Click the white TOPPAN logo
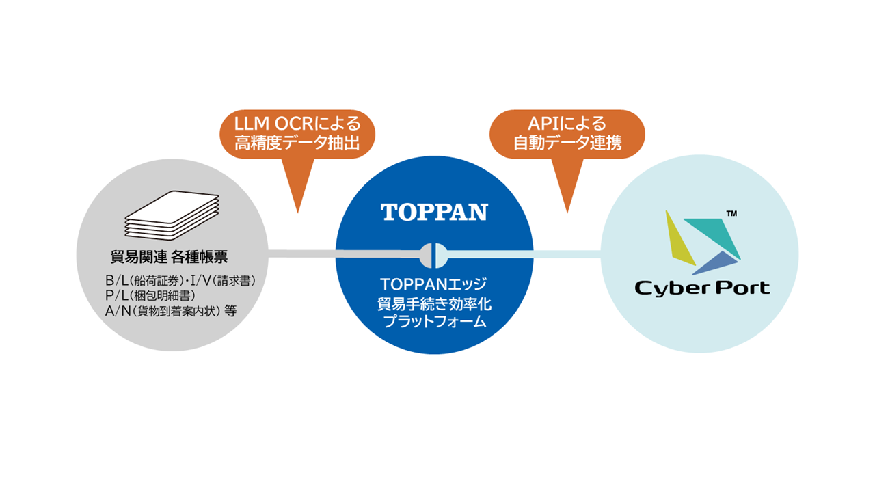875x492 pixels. [x=434, y=212]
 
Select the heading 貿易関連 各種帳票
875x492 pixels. [x=169, y=257]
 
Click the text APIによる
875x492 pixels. [x=567, y=124]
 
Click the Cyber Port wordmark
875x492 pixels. [x=702, y=288]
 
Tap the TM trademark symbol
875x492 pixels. [x=731, y=214]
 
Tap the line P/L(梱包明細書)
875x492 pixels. [x=151, y=295]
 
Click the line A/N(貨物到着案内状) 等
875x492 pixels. [x=171, y=310]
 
